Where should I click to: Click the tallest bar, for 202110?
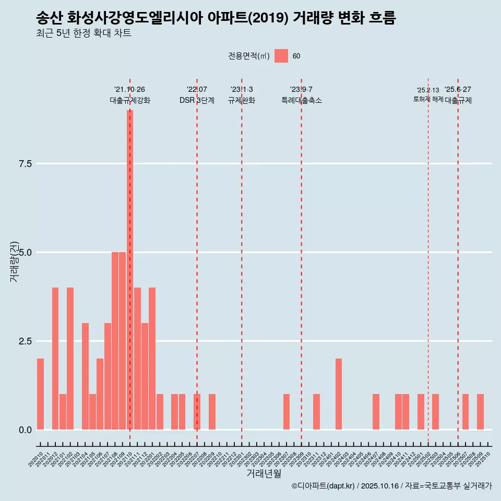click(x=129, y=270)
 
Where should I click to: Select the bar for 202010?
click(x=40, y=394)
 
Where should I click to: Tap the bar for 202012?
click(x=55, y=359)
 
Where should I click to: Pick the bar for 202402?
click(x=339, y=394)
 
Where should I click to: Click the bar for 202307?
click(x=287, y=412)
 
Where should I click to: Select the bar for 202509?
click(x=480, y=412)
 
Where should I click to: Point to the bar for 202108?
click(x=115, y=341)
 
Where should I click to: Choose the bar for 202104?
click(x=85, y=376)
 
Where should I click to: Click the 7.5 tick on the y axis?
click(x=26, y=164)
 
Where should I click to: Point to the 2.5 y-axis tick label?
click(x=26, y=341)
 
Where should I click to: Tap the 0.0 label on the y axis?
click(x=26, y=430)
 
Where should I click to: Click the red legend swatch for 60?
click(x=281, y=56)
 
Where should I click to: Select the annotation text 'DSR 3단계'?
click(x=197, y=101)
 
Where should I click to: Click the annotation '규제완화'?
click(x=242, y=101)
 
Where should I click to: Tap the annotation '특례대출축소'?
click(x=301, y=101)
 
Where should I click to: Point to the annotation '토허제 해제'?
click(x=428, y=99)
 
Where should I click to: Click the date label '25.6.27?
click(x=458, y=90)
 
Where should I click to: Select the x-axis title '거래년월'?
click(x=264, y=474)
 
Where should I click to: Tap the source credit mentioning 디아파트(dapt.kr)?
click(x=391, y=486)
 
